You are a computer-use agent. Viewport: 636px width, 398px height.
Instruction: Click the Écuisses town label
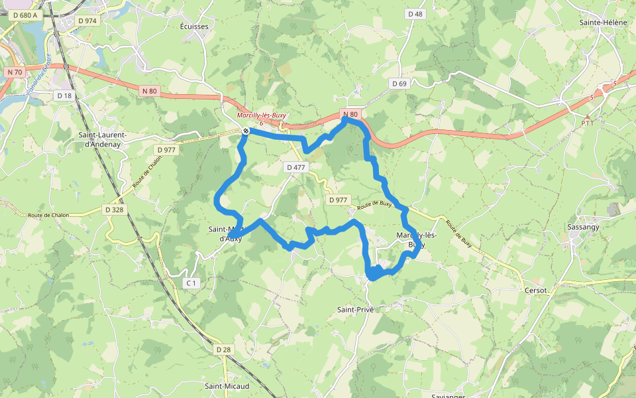[194, 27]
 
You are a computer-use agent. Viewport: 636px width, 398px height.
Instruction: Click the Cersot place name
[535, 291]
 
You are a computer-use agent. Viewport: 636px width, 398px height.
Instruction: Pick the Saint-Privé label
[356, 309]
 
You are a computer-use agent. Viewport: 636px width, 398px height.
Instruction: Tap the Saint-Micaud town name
[227, 386]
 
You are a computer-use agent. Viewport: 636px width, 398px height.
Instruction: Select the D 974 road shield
[87, 21]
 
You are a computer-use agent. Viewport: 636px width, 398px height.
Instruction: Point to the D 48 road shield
[415, 13]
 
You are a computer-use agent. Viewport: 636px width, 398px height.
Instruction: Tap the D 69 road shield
[399, 84]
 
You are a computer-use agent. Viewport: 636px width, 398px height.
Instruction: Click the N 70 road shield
[15, 72]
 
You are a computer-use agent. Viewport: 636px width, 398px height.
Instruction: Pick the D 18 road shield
[64, 96]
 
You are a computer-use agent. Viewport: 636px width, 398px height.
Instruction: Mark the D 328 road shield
[114, 210]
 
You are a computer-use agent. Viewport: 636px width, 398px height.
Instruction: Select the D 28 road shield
[223, 350]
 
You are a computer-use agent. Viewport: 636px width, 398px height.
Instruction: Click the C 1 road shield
[191, 283]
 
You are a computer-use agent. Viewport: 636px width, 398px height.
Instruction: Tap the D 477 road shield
[296, 167]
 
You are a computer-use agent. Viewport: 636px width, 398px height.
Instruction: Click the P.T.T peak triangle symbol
[586, 117]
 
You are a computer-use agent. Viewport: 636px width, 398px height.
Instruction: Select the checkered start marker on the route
[246, 131]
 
